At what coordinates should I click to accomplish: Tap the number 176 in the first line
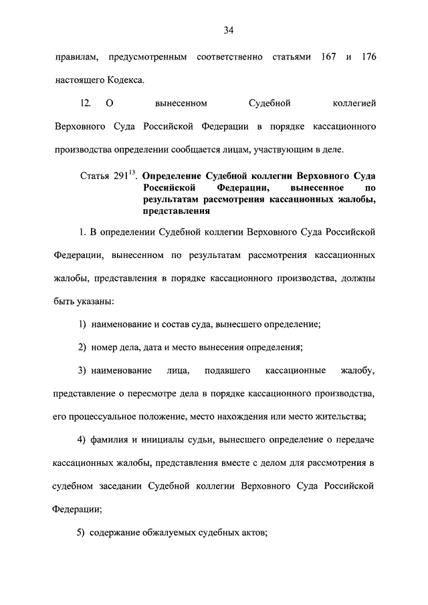pyautogui.click(x=367, y=58)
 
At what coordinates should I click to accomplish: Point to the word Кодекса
pyautogui.click(x=121, y=80)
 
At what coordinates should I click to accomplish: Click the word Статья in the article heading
pyautogui.click(x=94, y=176)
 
